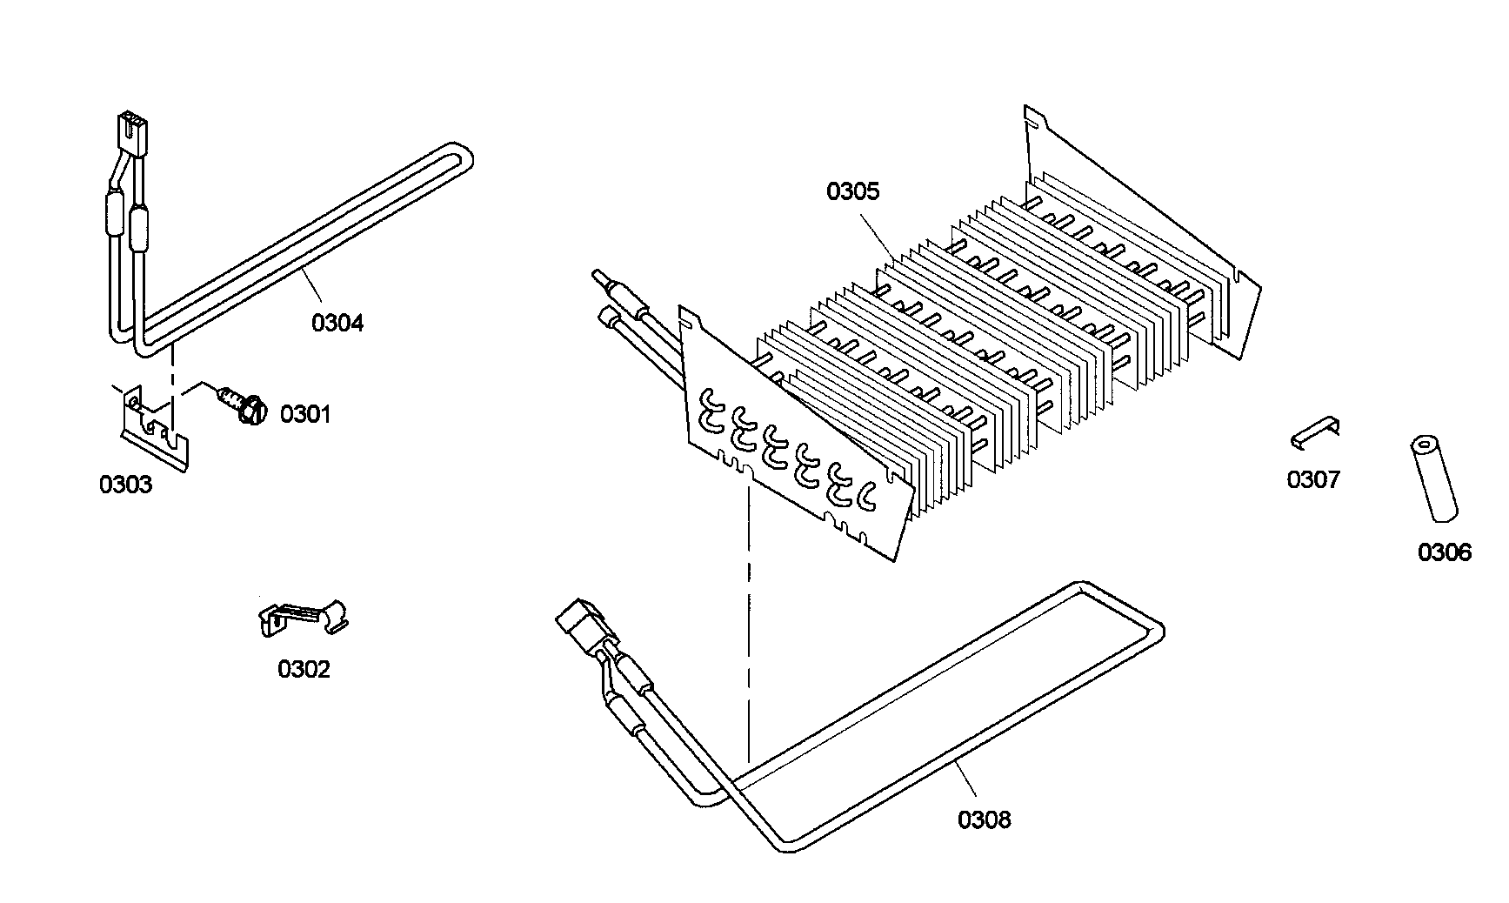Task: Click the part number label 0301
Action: click(x=305, y=414)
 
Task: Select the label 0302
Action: click(x=304, y=669)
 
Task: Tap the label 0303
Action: click(x=125, y=485)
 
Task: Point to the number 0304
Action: click(x=337, y=323)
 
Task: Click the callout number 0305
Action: click(x=852, y=191)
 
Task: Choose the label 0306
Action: click(x=1445, y=552)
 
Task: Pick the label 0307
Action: click(x=1313, y=479)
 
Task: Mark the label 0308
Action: click(x=985, y=819)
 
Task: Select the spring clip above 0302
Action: click(x=304, y=617)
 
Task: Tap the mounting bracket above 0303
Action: click(x=153, y=428)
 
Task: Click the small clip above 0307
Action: click(x=1315, y=431)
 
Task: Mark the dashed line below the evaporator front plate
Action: click(x=747, y=626)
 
